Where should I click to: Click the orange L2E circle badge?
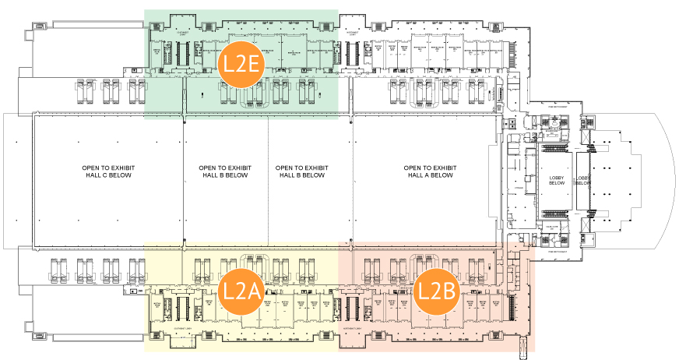pos(241,64)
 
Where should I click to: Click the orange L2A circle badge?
pos(241,291)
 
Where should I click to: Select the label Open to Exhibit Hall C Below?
pos(106,171)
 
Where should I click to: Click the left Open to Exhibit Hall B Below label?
pos(223,171)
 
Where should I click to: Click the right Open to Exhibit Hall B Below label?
pos(301,171)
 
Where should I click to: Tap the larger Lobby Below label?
pos(557,182)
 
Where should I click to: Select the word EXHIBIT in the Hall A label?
pos(443,168)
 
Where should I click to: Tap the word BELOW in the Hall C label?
pos(120,175)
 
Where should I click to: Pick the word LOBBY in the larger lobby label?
pos(557,178)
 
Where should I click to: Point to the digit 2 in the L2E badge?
pos(240,65)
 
